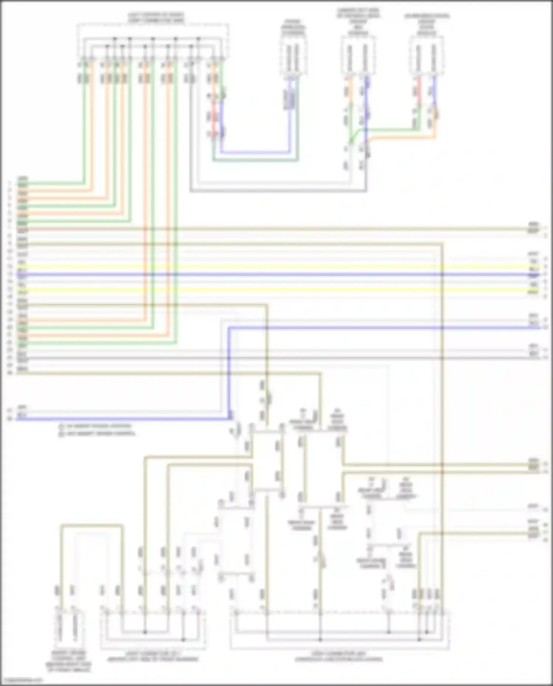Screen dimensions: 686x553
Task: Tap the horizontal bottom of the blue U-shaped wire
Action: (254, 152)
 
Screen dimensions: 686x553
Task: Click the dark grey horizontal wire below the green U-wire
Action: (276, 191)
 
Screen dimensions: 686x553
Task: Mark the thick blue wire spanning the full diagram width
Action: (276, 275)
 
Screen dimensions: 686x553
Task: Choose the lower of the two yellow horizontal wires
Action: (276, 290)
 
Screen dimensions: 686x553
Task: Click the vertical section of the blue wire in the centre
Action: (229, 372)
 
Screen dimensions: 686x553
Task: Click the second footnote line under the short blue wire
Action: (97, 433)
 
